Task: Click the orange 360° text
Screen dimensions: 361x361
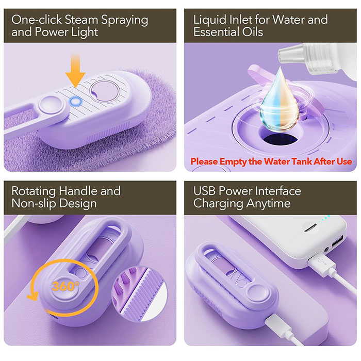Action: point(65,286)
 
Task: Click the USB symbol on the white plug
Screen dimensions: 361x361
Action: point(321,261)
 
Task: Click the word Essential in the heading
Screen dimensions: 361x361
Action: point(212,32)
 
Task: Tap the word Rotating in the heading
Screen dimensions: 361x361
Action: point(34,191)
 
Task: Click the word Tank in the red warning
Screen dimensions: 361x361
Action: point(299,161)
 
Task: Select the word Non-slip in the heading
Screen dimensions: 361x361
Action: point(32,204)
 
